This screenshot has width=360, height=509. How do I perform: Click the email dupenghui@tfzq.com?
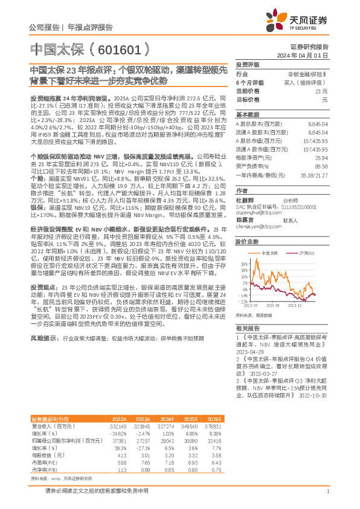[x=255, y=212]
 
